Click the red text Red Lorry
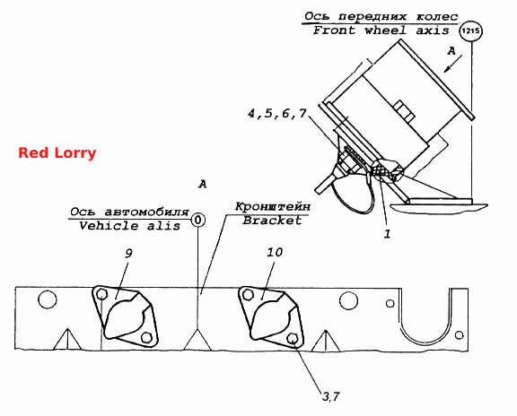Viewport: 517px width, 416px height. (57, 153)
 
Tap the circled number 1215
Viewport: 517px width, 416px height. (471, 31)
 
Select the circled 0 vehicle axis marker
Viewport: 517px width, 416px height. (197, 220)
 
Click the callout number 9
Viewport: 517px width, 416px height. (128, 254)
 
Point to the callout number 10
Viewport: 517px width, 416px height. (275, 253)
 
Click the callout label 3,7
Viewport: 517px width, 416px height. (330, 396)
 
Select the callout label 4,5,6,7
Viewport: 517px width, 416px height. (277, 114)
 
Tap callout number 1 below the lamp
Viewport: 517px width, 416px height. (387, 234)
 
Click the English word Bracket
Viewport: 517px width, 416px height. (272, 221)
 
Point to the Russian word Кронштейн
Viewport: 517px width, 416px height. (273, 207)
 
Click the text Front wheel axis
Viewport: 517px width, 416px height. (381, 30)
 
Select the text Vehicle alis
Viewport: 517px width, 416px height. (129, 226)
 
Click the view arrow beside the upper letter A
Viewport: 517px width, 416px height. (452, 64)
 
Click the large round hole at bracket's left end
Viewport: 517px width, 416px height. (48, 299)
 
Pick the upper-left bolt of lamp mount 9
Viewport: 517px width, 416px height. (102, 294)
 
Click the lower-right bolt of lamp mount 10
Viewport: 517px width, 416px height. (292, 338)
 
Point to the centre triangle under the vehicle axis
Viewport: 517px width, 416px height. (197, 339)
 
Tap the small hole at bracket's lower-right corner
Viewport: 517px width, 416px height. (459, 335)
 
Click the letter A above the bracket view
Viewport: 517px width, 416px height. (203, 184)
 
